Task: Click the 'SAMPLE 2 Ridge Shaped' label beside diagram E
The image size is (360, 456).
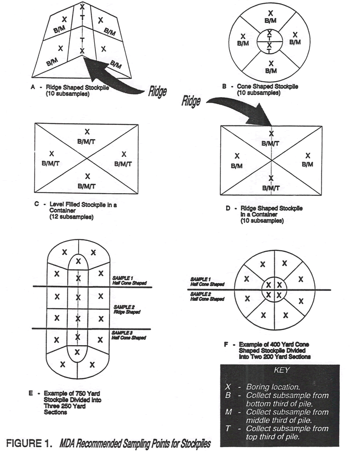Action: point(125,310)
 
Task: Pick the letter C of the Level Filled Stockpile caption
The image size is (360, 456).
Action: point(37,205)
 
